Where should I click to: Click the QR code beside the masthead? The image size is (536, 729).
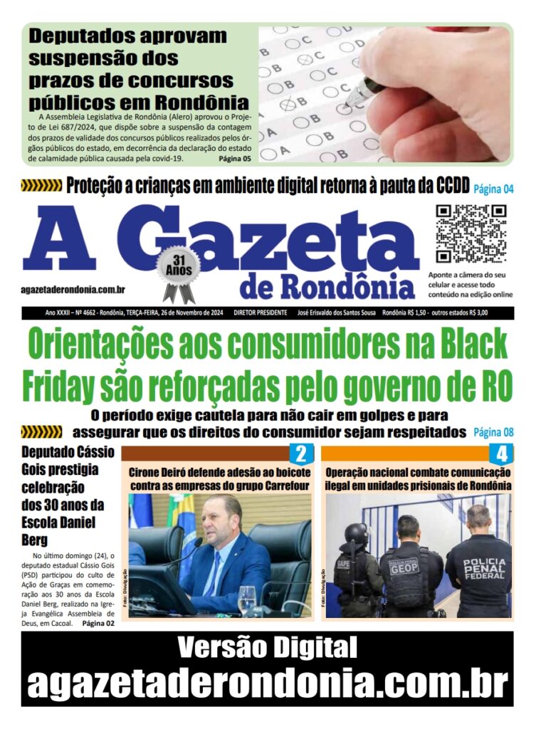(471, 234)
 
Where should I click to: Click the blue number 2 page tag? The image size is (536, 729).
(300, 454)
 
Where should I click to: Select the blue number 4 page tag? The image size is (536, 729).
(501, 454)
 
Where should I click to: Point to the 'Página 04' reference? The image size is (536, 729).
(493, 189)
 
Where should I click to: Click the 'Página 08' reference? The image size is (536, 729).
(493, 432)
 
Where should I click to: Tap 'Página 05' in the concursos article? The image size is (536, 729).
(235, 158)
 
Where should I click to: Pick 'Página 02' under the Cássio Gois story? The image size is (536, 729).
(98, 624)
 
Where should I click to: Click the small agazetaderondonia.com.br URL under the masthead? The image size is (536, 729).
(73, 289)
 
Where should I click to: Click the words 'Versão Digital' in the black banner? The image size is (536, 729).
(267, 648)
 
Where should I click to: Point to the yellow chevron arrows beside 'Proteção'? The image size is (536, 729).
(41, 187)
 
